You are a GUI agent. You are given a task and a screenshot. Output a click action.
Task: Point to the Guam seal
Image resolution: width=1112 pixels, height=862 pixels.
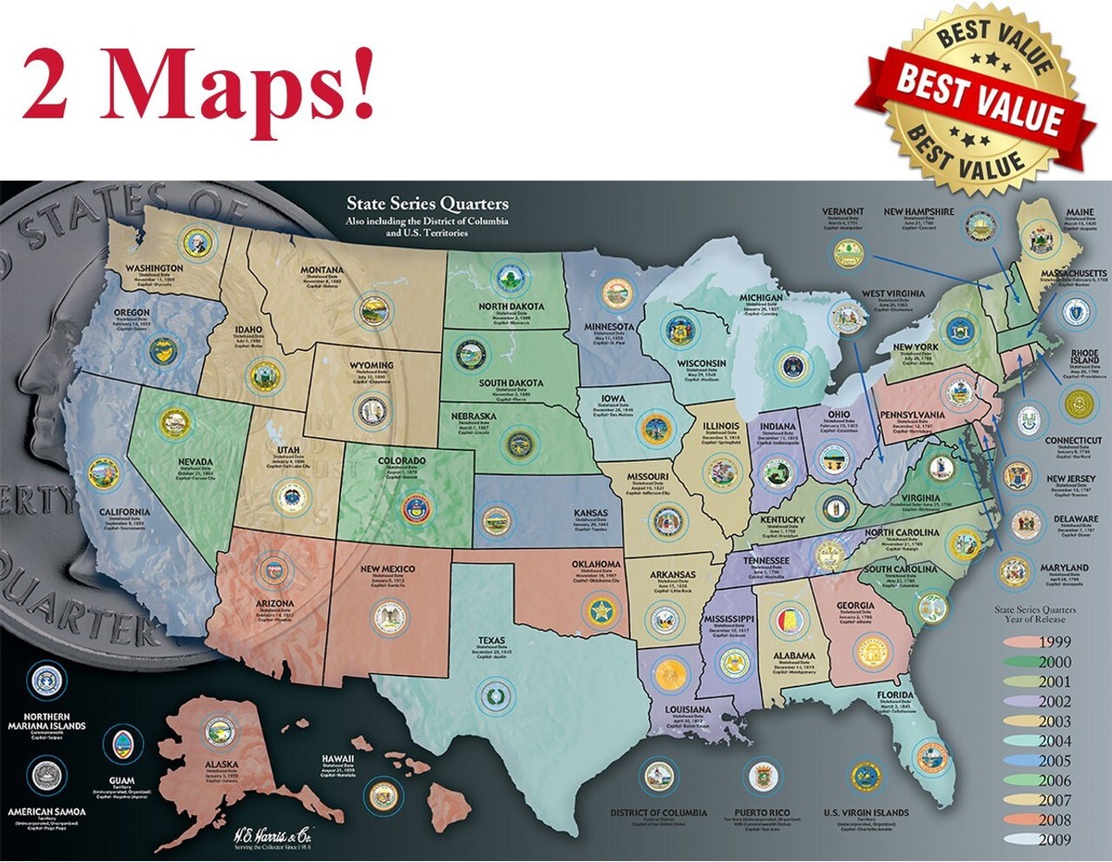point(121,744)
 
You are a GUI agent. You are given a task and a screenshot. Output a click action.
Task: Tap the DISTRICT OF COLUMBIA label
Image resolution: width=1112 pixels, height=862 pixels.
point(659,813)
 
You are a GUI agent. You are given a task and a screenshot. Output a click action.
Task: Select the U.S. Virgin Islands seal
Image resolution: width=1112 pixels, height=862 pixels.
point(866,777)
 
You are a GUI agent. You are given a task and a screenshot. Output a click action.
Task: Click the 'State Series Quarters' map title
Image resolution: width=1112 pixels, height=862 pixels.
point(427,204)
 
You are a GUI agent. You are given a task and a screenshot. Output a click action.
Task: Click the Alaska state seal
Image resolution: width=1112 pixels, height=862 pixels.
point(221,732)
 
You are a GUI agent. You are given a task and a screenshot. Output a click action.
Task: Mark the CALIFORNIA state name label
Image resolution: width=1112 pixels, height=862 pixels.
point(119,512)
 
